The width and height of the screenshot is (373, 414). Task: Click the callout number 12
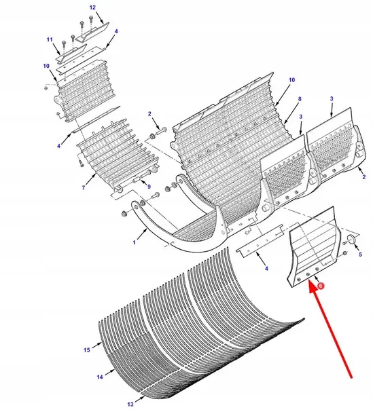tap(92, 7)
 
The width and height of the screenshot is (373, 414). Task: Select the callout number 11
tap(50, 39)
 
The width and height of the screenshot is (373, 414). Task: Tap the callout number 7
tap(84, 188)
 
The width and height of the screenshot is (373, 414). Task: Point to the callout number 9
tap(149, 187)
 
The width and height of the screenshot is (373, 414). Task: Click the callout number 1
tap(135, 242)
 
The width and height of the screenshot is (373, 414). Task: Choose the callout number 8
tap(300, 99)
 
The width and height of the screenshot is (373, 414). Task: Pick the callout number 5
tap(360, 255)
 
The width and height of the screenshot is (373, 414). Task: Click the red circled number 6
tap(321, 286)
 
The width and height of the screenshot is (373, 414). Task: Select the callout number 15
tap(87, 350)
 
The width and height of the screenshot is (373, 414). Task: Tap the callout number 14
tap(100, 377)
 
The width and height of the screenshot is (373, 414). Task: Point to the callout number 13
tap(130, 404)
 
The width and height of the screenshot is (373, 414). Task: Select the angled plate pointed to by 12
tap(92, 32)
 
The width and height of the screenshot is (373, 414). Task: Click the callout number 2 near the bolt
tap(149, 114)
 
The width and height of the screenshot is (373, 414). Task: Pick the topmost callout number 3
tap(332, 98)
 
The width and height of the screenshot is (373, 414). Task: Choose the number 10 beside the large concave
tap(291, 79)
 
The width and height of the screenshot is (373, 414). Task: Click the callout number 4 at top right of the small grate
tap(116, 31)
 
